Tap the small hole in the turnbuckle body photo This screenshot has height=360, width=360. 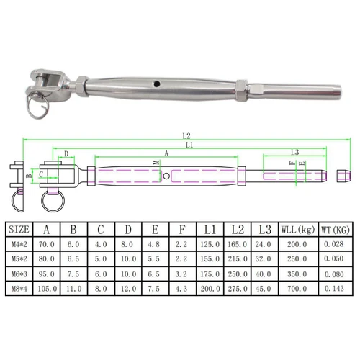pos(157,85)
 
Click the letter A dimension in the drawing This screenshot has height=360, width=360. pos(167,153)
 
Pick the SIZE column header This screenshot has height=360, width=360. pos(19,230)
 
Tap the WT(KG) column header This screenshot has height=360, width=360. pos(336,230)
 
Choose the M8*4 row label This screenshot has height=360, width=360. pos(19,287)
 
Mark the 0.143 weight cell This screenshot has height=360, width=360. pos(336,287)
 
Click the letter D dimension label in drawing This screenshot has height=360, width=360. pos(66,153)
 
